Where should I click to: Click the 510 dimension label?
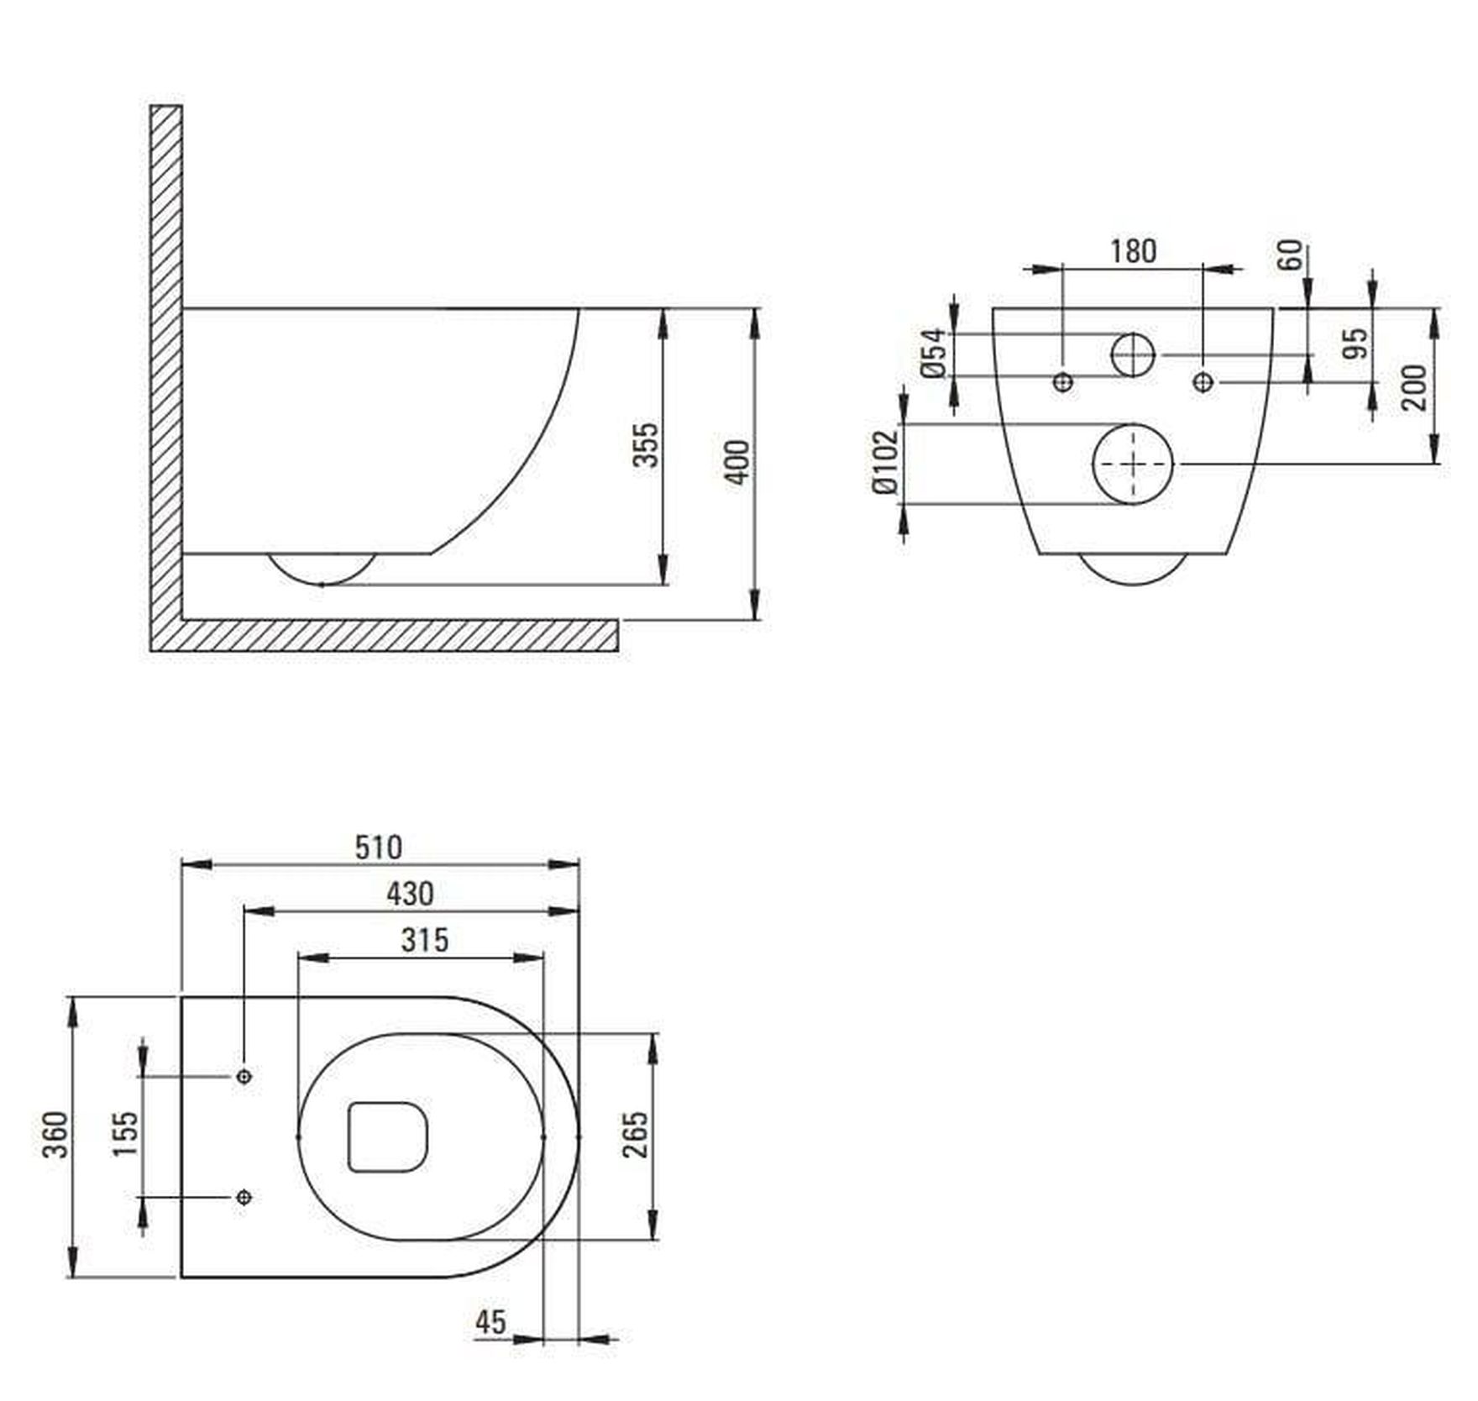[379, 847]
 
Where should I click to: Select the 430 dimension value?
[410, 894]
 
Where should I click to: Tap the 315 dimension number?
[425, 940]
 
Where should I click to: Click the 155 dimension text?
[126, 1134]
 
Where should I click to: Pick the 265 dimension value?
[636, 1135]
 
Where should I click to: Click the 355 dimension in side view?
[645, 445]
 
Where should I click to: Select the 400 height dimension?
[737, 462]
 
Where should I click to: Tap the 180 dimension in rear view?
[1133, 250]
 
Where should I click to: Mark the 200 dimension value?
[1414, 387]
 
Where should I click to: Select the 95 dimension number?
[1355, 344]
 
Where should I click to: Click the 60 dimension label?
[1291, 255]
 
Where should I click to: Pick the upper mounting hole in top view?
[244, 1076]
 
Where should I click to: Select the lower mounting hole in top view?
[244, 1196]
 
